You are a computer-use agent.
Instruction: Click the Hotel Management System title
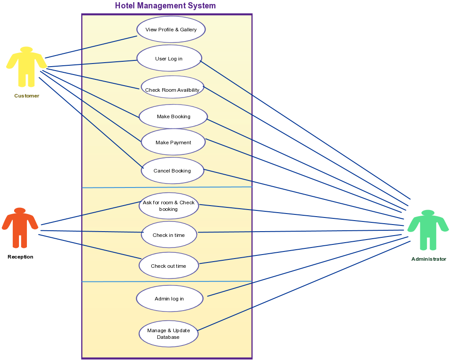coord(165,6)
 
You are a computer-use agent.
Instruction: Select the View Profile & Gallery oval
coord(171,30)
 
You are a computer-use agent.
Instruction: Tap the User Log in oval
coord(168,58)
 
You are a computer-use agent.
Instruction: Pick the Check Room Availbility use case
coord(172,90)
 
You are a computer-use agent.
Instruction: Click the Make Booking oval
coord(173,116)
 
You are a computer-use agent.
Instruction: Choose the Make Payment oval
coord(173,142)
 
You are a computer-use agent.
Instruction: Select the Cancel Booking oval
coord(172,171)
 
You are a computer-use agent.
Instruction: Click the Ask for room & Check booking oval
coord(168,206)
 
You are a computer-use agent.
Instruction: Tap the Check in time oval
coord(168,235)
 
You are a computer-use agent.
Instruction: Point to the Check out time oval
coord(168,266)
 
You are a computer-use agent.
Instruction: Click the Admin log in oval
coord(169,299)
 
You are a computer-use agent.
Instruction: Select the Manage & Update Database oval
coord(168,334)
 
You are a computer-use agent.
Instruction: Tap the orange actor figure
coord(20,227)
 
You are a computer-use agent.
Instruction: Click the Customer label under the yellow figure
coord(26,96)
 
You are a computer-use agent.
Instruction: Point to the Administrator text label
coord(429,259)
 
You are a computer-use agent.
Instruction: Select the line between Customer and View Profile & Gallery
coord(90,47)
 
